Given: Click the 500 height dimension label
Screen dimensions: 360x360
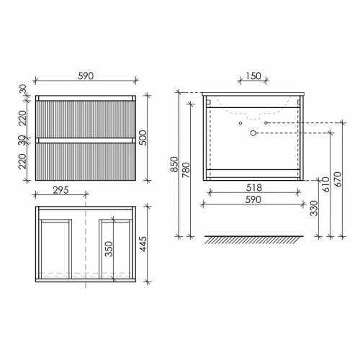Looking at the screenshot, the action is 143,138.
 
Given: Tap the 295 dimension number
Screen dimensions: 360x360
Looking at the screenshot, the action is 60,190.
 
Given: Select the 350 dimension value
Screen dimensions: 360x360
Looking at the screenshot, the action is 109,249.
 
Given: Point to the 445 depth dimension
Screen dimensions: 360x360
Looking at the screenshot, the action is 143,244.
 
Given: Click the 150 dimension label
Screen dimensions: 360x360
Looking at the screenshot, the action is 253,76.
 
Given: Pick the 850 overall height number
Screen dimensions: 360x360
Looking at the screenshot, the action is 174,164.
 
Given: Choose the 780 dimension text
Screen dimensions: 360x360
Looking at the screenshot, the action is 186,170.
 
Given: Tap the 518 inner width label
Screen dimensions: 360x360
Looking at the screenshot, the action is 254,188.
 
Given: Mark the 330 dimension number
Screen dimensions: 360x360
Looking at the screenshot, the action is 314,208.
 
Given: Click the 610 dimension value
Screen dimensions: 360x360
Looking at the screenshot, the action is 326,184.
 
